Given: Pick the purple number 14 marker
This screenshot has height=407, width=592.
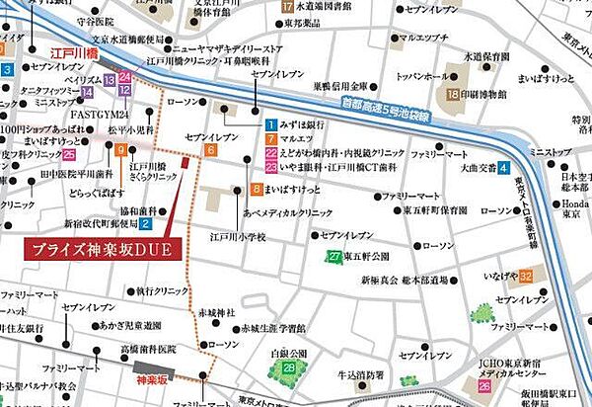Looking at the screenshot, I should pos(88,92).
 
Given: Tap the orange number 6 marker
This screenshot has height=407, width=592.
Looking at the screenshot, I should pos(211,150).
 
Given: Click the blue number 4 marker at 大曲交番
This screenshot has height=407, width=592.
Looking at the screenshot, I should pos(502,167).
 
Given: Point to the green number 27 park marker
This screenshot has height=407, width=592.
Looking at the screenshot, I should pos(335,256).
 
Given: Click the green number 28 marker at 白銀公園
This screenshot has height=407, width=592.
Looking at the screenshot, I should pos(289,367).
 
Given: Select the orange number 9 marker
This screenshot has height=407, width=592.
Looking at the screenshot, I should pos(119,150).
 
